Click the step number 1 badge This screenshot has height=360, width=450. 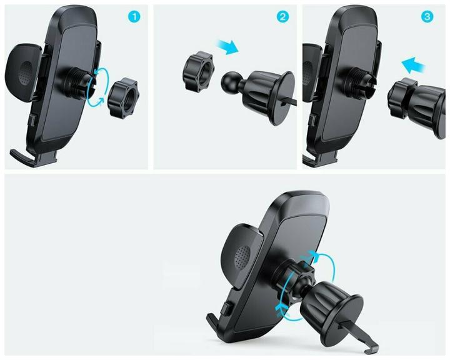(x=135, y=17)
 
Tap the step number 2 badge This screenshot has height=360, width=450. (x=284, y=17)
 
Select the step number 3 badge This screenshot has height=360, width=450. (x=427, y=17)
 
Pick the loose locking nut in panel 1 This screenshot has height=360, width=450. (x=123, y=97)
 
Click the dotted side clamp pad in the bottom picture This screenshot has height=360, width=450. (x=241, y=254)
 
